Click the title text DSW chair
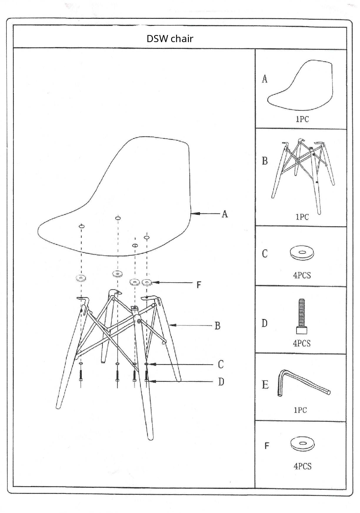click(170, 39)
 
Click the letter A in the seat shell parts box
click(265, 79)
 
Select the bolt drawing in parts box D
click(302, 317)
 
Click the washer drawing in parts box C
click(301, 253)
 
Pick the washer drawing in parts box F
click(302, 444)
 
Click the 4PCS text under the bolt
click(302, 343)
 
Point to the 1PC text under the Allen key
click(300, 410)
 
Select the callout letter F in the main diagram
click(199, 285)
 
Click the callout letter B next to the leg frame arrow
click(217, 326)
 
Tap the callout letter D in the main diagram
click(221, 382)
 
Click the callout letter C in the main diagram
click(221, 364)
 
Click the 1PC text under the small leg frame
click(302, 217)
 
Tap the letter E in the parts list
click(265, 385)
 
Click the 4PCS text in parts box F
click(302, 466)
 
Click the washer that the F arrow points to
click(147, 283)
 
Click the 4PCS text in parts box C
click(302, 275)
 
